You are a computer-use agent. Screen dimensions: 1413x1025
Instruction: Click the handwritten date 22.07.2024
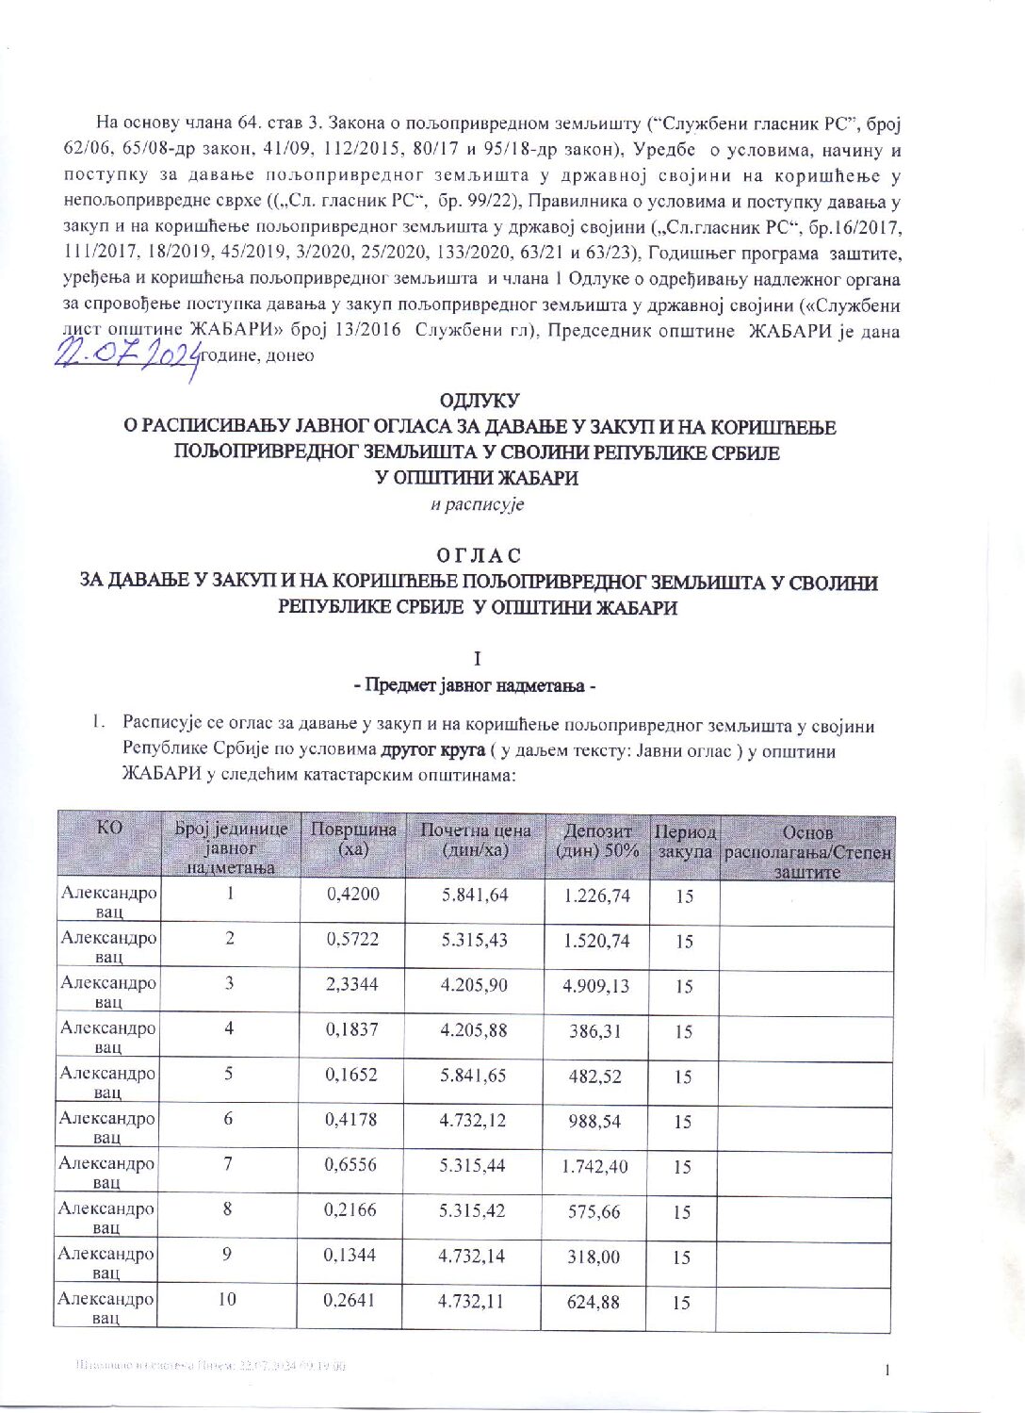pyautogui.click(x=127, y=355)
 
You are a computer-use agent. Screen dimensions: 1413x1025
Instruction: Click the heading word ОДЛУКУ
pyautogui.click(x=480, y=402)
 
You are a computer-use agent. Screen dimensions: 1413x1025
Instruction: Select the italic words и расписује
pyautogui.click(x=477, y=504)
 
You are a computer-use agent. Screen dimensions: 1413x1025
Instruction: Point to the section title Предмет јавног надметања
pyautogui.click(x=480, y=685)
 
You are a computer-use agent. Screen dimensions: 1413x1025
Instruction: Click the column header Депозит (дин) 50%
pyautogui.click(x=597, y=840)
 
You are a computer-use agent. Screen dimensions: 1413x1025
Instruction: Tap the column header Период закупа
pyautogui.click(x=685, y=842)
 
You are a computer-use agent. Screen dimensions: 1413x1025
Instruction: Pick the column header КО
pyautogui.click(x=109, y=828)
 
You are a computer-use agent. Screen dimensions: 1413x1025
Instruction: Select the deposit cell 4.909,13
pyautogui.click(x=595, y=986)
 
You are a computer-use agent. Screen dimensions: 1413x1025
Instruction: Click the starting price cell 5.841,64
pyautogui.click(x=474, y=895)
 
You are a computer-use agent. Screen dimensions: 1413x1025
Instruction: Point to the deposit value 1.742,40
pyautogui.click(x=594, y=1167)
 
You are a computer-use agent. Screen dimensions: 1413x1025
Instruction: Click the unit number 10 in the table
pyautogui.click(x=227, y=1300)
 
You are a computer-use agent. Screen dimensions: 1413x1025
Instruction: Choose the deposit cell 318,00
pyautogui.click(x=594, y=1257)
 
